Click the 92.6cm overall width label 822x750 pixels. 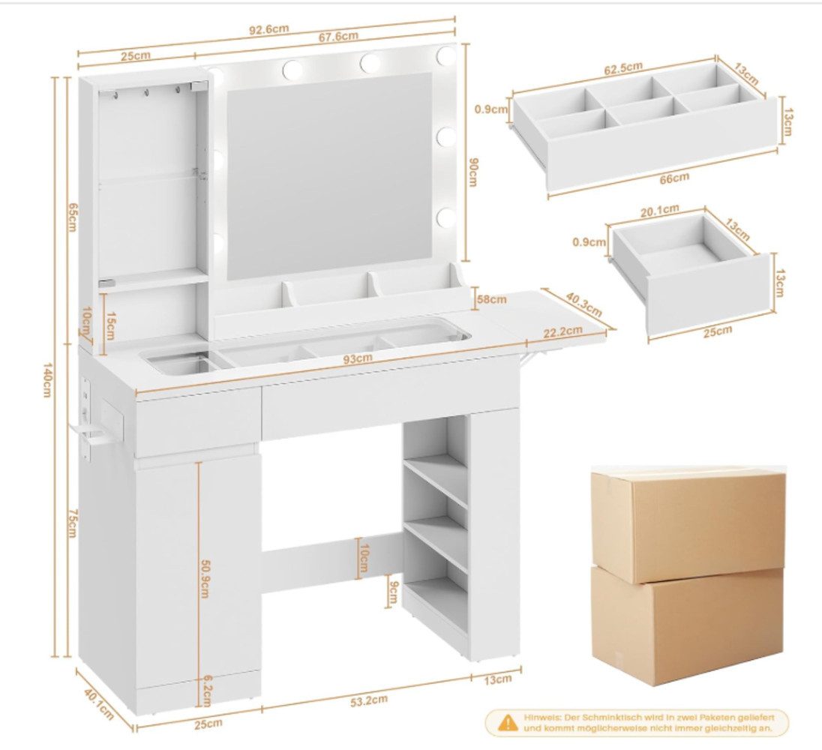(268, 28)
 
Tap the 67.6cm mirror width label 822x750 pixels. (338, 36)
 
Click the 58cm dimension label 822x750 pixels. (491, 299)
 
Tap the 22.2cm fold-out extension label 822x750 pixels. (562, 331)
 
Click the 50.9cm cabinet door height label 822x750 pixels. (205, 578)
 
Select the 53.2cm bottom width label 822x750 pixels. (369, 700)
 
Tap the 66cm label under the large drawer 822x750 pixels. (674, 178)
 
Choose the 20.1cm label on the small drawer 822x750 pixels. (659, 210)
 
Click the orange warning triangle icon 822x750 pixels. (508, 723)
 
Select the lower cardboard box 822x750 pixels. (687, 626)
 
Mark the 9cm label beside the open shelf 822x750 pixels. (390, 591)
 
